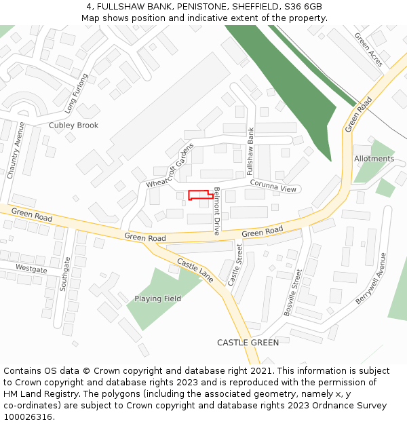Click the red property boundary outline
200,195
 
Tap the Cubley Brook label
73,126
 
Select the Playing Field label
157,298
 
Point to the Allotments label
374,159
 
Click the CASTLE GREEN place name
248,343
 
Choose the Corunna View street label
273,185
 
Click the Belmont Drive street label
217,210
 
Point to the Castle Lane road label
195,271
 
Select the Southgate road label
65,274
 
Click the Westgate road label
31,269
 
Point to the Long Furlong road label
77,93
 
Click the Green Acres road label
368,50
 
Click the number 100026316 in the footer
28,417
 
